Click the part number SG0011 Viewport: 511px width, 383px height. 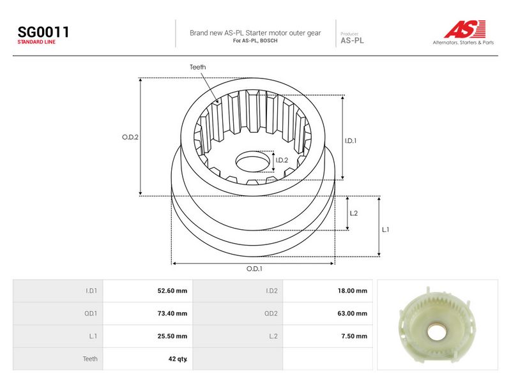43,32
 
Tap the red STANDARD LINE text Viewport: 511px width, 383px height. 36,42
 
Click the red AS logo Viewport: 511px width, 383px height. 465,29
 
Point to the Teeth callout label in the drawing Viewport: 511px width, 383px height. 198,67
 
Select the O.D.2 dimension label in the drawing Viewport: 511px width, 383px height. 130,137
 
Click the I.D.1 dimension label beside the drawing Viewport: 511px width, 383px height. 351,140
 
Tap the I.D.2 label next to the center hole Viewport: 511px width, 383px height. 282,160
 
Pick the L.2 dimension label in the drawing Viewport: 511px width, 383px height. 354,213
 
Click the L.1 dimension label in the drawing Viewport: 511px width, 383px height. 386,230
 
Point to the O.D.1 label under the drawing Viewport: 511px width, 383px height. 254,269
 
